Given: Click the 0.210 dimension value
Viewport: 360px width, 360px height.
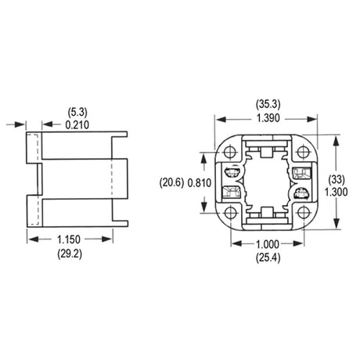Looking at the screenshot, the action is tap(77, 125).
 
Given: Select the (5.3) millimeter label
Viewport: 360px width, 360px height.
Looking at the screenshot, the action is tap(77, 112).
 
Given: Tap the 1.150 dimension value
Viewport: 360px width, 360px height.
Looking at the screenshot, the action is tap(69, 239).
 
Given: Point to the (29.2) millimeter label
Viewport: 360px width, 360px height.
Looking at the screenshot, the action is tap(70, 254).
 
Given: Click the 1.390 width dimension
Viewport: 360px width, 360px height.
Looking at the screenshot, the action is tap(268, 118).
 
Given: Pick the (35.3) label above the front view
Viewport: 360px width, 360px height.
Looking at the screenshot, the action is tap(268, 104).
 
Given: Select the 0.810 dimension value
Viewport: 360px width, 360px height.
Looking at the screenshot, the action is tap(200, 183).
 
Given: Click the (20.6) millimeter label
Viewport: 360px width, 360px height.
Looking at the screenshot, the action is tap(171, 182).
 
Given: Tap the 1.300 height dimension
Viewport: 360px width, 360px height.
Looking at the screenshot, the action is tap(336, 193).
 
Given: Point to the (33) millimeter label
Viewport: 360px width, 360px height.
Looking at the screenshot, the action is tap(337, 180).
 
